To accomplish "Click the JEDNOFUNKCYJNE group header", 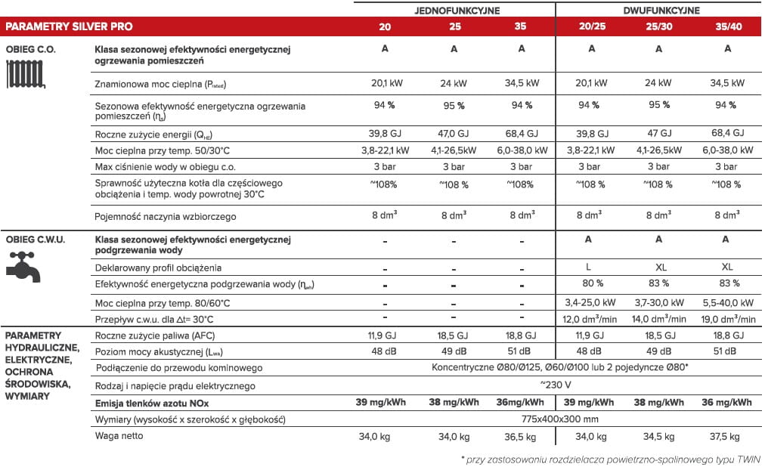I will tap(454, 11).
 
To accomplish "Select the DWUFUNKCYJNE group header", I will tap(661, 11).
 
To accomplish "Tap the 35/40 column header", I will tap(727, 27).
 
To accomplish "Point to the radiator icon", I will tap(24, 75).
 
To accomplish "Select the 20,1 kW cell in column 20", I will tap(386, 83).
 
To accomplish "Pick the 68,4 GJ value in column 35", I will tap(522, 134).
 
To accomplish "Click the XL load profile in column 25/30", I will tap(658, 268).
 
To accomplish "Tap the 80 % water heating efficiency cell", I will tap(590, 283).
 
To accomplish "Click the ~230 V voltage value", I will tap(556, 385).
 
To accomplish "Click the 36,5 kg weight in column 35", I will tap(522, 436).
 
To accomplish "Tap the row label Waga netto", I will tap(119, 435).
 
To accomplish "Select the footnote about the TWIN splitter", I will tap(611, 459).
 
